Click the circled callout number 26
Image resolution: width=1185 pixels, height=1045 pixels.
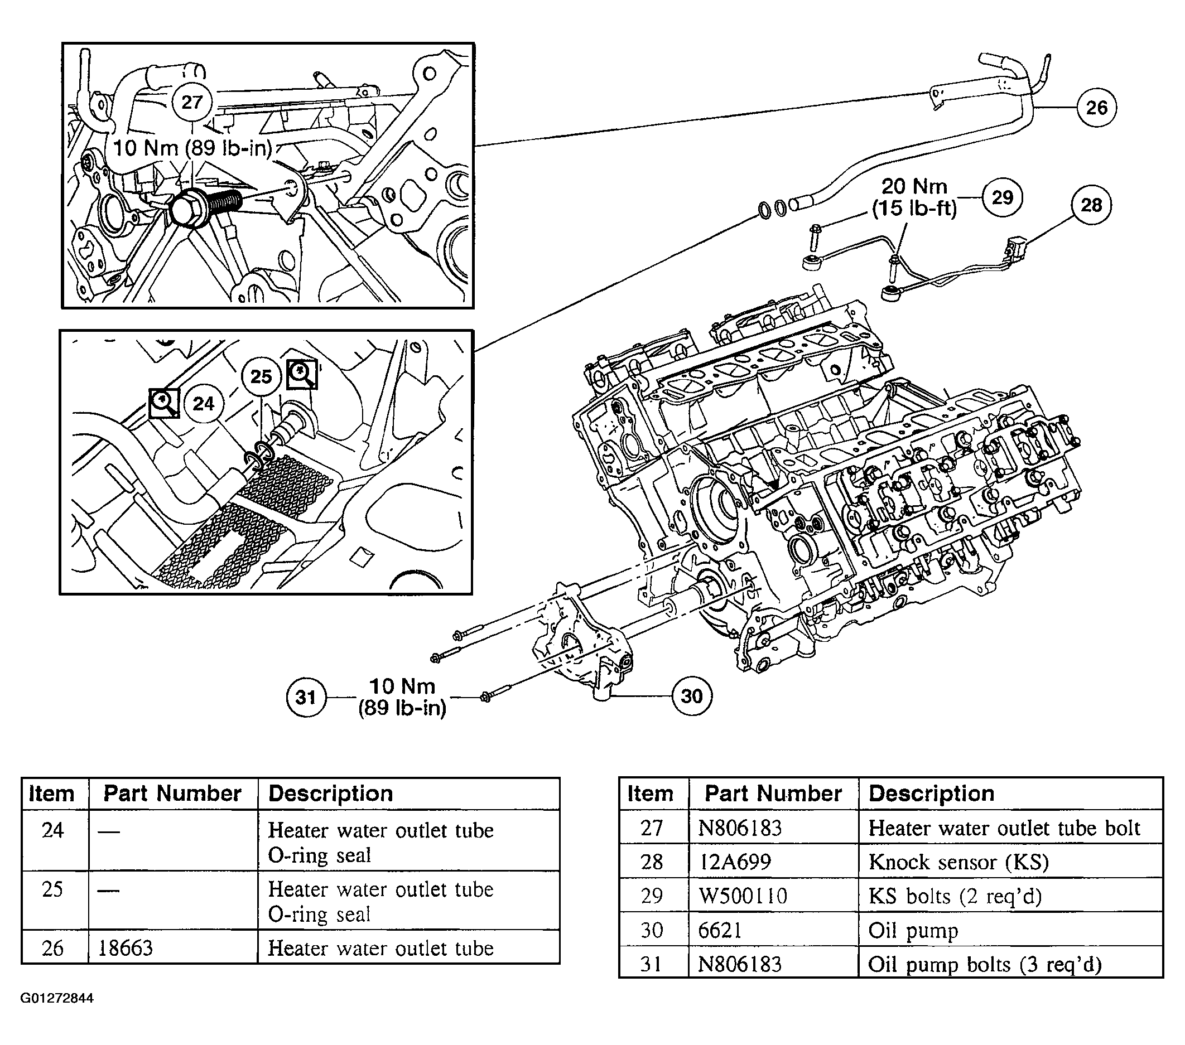1096,107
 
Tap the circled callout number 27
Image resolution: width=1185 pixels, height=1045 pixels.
192,102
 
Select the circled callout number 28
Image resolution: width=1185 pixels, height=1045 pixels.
1092,205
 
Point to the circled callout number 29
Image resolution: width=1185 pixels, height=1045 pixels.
1003,197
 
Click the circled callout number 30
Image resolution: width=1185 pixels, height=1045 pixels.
692,695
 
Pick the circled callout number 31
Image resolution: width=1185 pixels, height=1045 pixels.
306,696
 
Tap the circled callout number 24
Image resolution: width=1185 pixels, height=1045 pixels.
204,403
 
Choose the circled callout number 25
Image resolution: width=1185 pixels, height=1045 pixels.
261,377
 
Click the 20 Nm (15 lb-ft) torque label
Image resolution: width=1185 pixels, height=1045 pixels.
914,197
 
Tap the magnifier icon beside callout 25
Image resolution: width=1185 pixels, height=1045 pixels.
301,374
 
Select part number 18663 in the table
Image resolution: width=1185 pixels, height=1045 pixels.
125,947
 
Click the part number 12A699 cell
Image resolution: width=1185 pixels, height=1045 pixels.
735,862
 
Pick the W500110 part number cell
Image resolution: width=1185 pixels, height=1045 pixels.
743,896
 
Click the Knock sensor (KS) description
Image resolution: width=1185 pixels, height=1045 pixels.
959,863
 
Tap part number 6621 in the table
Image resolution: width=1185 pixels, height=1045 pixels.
720,930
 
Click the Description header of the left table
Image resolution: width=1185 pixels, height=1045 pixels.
330,794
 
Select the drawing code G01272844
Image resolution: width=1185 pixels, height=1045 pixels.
57,998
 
